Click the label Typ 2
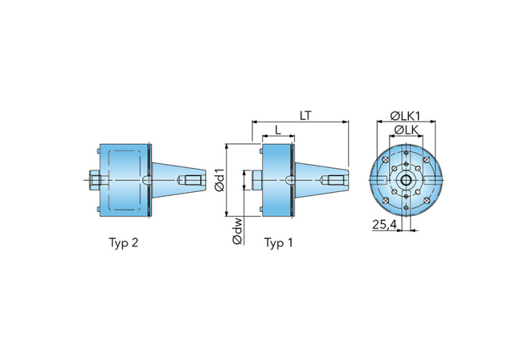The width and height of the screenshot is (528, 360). (x=123, y=243)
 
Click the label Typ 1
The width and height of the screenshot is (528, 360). (x=278, y=243)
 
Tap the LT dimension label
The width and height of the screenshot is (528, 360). (x=306, y=116)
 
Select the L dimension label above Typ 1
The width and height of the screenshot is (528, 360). (x=278, y=130)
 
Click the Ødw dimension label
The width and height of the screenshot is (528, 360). (x=237, y=231)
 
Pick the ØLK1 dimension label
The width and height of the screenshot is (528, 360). (x=405, y=116)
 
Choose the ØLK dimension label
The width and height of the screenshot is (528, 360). (x=406, y=130)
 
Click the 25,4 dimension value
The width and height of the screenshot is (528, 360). (x=385, y=224)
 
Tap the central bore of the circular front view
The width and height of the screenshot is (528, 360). (x=406, y=180)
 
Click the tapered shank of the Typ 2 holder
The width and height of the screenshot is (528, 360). (x=178, y=180)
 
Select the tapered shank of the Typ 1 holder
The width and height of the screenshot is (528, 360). (x=321, y=180)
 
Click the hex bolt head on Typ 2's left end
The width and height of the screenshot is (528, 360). (x=95, y=180)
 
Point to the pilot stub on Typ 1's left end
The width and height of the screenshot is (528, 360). (x=257, y=180)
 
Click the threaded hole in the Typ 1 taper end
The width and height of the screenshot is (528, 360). (x=334, y=180)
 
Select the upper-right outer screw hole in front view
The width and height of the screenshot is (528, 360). (x=427, y=160)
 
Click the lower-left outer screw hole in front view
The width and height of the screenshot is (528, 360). (x=386, y=201)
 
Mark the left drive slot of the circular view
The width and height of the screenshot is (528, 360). (x=378, y=180)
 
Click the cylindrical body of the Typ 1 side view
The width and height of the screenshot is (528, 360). (x=277, y=180)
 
